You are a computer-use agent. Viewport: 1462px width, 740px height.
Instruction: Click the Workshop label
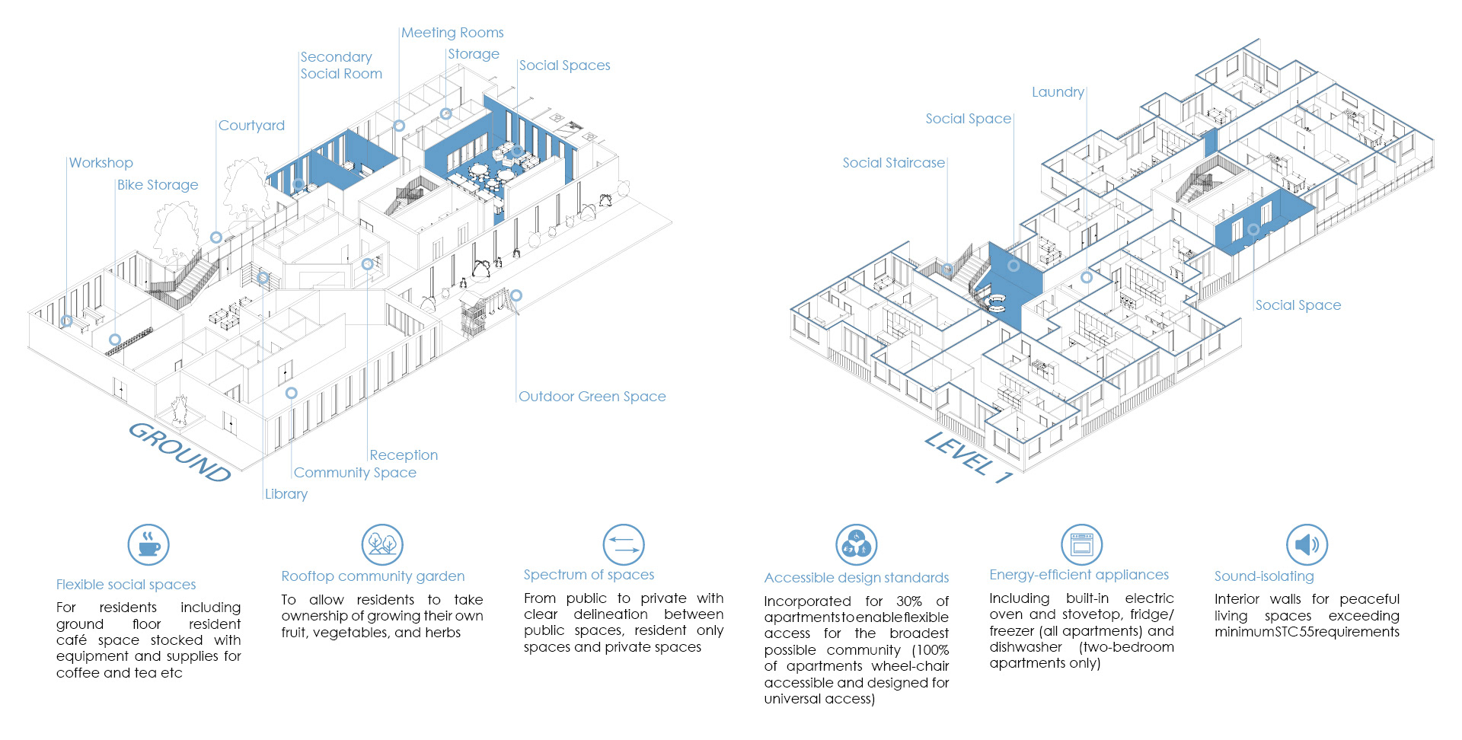101,163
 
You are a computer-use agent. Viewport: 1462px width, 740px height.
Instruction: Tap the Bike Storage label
158,185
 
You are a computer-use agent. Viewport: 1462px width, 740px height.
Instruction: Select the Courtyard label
251,126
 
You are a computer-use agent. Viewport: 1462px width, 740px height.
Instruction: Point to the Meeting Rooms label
452,33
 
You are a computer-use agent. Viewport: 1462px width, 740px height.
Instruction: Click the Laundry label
1058,92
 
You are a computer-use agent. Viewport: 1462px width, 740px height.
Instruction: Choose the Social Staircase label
893,163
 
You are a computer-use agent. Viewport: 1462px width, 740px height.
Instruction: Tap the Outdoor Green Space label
592,397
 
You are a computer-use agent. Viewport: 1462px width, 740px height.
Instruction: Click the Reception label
404,455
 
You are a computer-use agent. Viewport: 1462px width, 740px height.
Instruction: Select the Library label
286,494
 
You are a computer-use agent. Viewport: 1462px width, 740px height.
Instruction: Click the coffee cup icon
148,544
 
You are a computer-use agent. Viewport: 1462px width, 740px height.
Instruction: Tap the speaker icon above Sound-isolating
1307,544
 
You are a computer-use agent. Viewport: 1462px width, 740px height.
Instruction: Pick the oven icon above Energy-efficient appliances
1081,544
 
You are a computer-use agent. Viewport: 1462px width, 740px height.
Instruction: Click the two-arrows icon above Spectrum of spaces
624,544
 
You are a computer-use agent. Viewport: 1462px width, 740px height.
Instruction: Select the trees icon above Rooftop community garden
382,544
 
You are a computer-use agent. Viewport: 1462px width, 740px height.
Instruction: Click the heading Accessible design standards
856,578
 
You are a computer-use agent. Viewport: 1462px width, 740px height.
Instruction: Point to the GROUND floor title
180,452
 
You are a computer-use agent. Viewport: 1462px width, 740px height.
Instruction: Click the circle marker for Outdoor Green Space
516,295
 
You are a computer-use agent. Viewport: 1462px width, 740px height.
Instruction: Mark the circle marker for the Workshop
67,321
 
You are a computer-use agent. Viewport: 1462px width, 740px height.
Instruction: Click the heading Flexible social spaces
126,585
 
